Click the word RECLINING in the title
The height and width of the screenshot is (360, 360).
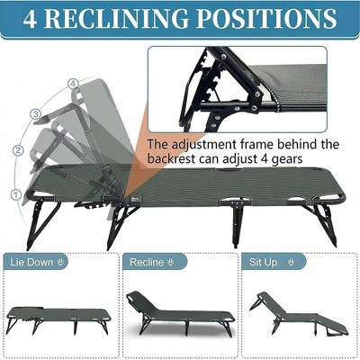pyautogui.click(x=140, y=19)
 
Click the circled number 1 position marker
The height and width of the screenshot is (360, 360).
pyautogui.click(x=15, y=193)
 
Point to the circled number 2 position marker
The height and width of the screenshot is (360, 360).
pyautogui.click(x=19, y=150)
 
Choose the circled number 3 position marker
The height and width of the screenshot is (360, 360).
pyautogui.click(x=35, y=114)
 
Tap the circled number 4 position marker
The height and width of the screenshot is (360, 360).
pyautogui.click(x=72, y=85)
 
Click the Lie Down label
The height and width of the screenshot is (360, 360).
pyautogui.click(x=35, y=262)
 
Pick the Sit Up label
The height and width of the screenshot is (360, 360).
pyautogui.click(x=267, y=262)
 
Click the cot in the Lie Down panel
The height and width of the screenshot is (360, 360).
pyautogui.click(x=58, y=317)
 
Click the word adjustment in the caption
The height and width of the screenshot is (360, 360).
pyautogui.click(x=200, y=143)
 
